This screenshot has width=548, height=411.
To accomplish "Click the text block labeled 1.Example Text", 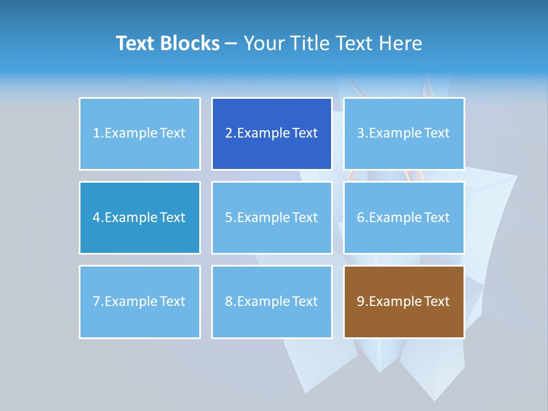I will click(x=139, y=134).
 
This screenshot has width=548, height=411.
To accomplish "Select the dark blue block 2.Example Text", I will click(x=272, y=134).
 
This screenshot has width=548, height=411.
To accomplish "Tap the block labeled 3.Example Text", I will click(x=404, y=134).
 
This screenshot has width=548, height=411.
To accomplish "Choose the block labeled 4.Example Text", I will click(x=139, y=217).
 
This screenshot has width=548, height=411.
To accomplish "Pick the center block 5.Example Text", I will click(x=272, y=217).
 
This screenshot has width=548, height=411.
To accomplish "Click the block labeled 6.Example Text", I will click(x=404, y=217).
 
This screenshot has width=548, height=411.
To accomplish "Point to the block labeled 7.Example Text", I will click(x=139, y=301).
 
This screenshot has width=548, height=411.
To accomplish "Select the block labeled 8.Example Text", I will click(x=272, y=301).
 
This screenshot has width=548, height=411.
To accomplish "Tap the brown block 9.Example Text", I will click(x=404, y=301).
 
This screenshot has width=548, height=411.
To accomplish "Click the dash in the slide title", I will click(x=231, y=43).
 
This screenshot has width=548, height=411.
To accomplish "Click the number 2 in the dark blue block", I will click(x=229, y=134).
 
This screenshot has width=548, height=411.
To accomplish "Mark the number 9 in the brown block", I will click(x=361, y=301).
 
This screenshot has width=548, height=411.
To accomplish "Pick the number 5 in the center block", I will click(x=229, y=217).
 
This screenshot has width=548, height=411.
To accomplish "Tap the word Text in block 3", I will click(x=437, y=134).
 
